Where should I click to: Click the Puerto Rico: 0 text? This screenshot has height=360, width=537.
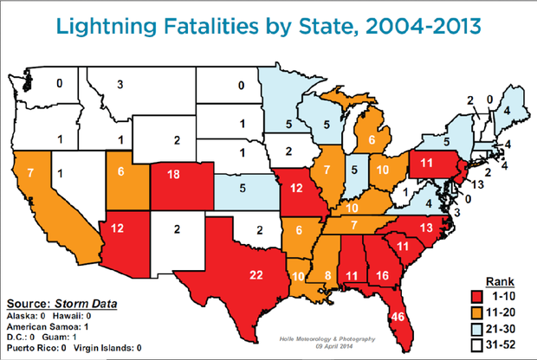[35, 348]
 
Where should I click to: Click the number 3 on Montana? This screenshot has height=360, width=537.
[120, 85]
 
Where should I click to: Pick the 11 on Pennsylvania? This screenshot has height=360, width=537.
[425, 162]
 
